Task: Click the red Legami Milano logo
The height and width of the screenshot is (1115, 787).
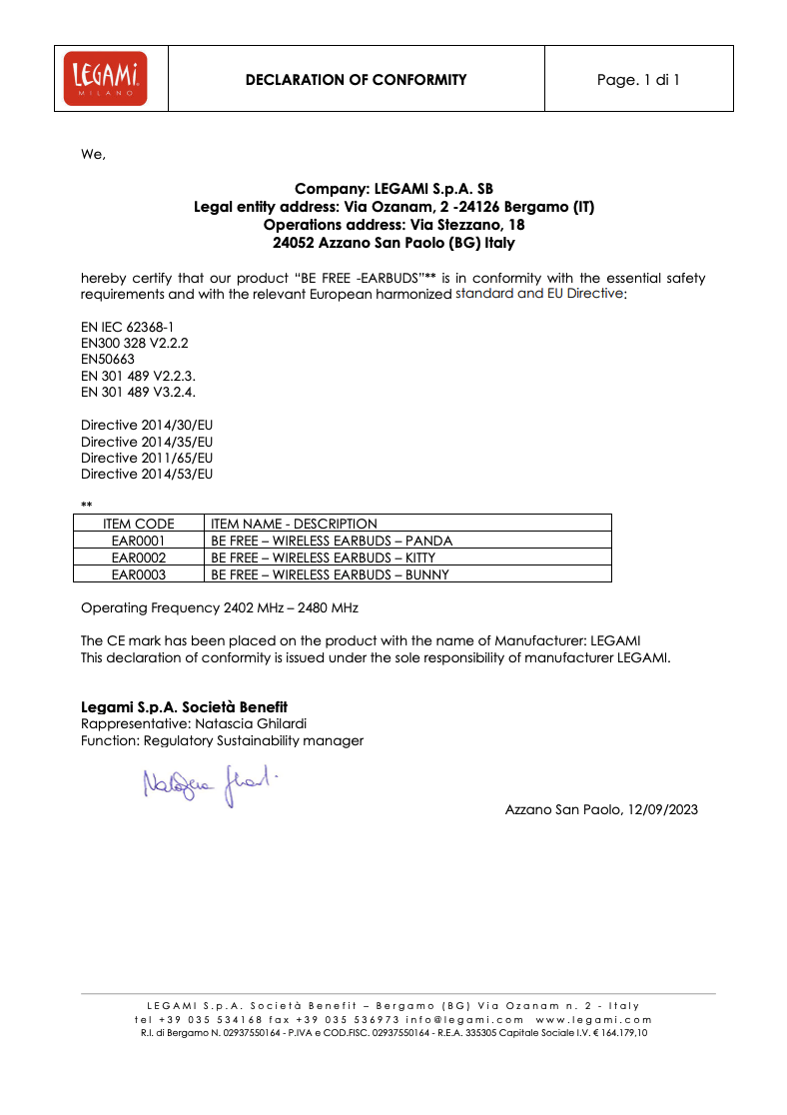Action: point(105,78)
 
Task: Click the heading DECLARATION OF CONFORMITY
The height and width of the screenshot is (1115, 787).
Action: point(356,80)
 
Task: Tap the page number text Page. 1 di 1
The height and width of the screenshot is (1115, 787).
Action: point(638,80)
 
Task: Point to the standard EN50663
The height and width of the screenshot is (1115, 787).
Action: point(108,359)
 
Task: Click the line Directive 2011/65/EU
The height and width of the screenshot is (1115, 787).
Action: point(147,458)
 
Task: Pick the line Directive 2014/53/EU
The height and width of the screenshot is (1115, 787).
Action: point(147,474)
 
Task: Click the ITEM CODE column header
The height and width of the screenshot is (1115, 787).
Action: point(139,524)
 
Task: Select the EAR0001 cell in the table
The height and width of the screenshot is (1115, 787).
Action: point(139,541)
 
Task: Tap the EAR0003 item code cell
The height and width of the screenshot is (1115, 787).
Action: point(139,574)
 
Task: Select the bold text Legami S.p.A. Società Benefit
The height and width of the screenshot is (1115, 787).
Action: point(184,706)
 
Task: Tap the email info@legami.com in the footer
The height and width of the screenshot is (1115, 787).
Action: point(464,1019)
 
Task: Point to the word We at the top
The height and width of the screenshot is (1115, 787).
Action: point(92,154)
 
